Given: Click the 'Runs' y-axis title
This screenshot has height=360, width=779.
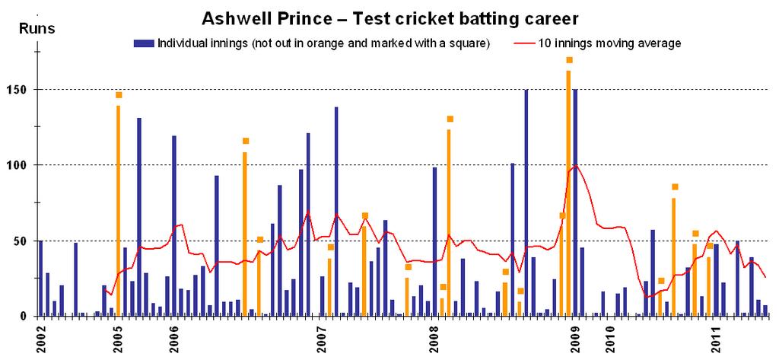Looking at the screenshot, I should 36,29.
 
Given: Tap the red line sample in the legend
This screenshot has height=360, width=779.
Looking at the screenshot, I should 526,43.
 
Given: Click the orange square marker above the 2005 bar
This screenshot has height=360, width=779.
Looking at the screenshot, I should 119,95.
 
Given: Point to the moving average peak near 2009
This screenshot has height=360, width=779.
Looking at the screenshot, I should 577,164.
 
